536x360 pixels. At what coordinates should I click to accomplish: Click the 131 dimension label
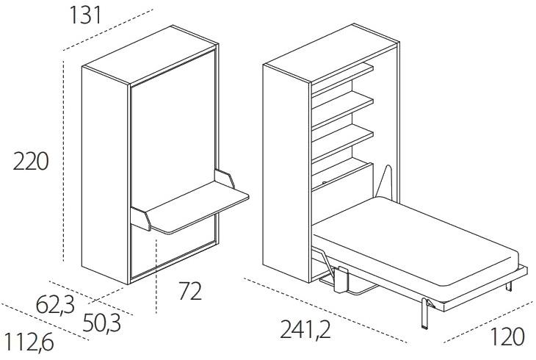[x=85, y=15]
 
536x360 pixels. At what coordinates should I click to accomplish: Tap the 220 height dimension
[x=31, y=162]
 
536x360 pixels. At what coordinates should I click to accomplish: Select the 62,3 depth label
[x=55, y=305]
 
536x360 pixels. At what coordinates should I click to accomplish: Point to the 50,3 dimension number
[x=102, y=323]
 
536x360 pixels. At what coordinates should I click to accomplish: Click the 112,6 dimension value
[x=29, y=342]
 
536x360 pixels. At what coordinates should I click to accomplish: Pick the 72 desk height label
[x=190, y=291]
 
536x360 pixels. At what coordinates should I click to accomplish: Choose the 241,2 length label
[x=305, y=329]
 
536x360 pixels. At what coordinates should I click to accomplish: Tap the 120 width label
[x=507, y=336]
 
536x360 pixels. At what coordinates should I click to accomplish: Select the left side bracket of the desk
[x=141, y=219]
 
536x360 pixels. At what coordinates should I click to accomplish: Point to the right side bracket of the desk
[x=224, y=179]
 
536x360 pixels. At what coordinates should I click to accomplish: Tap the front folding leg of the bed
[x=425, y=313]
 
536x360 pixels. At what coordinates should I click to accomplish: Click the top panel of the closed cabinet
[x=151, y=55]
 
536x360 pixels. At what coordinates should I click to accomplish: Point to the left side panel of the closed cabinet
[x=105, y=175]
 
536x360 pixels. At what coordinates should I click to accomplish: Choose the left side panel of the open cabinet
[x=286, y=173]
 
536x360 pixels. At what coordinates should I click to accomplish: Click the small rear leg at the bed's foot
[x=509, y=286]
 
